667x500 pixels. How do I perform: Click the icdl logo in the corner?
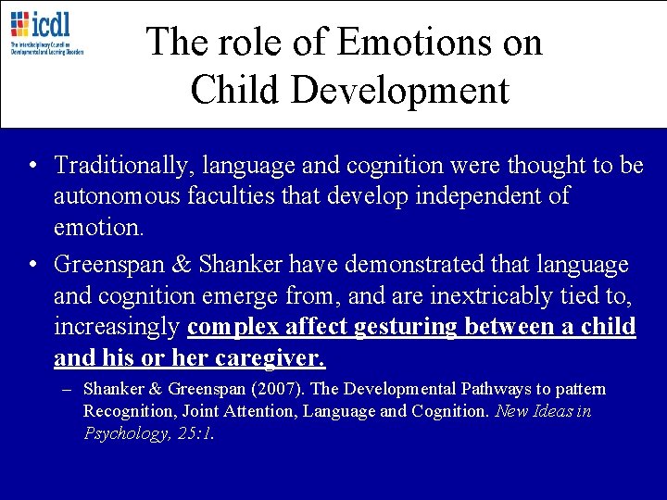click(x=46, y=31)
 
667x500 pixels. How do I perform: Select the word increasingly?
click(x=118, y=328)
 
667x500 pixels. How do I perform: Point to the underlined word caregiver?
click(x=283, y=358)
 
